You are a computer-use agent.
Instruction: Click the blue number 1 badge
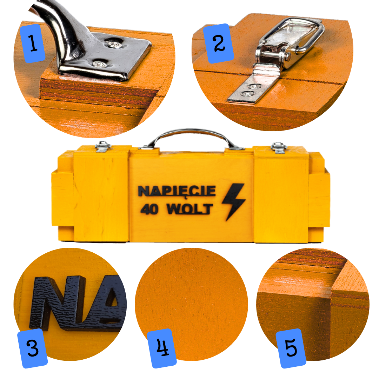[x=32, y=43]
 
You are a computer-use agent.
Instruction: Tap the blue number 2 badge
[x=219, y=44]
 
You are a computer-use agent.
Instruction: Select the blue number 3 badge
[x=33, y=348]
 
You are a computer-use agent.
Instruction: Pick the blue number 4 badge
[x=162, y=348]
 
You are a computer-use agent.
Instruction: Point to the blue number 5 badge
[x=291, y=348]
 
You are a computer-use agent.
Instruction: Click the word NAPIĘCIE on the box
[x=177, y=191]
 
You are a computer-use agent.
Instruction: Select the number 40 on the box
[x=149, y=209]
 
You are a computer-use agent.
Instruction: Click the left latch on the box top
[x=103, y=147]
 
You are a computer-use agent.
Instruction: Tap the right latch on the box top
[x=279, y=148]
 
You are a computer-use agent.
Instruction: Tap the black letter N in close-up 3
[x=58, y=302]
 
